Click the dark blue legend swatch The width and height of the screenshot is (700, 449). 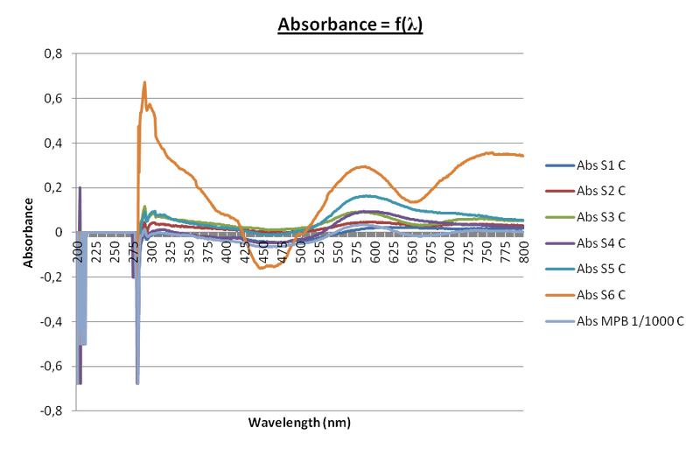559,165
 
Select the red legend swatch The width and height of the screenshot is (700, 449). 559,190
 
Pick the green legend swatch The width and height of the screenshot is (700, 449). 559,216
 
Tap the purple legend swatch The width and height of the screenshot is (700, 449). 559,242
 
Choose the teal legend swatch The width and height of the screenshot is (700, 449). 559,269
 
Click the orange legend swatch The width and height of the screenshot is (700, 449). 559,295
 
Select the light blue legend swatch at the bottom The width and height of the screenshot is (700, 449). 559,321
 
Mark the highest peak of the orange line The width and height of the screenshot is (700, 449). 143,82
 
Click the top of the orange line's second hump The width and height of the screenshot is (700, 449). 359,164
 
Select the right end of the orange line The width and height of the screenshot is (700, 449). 524,156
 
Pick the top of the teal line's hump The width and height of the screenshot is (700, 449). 367,196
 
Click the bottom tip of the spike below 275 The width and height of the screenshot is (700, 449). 137,383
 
